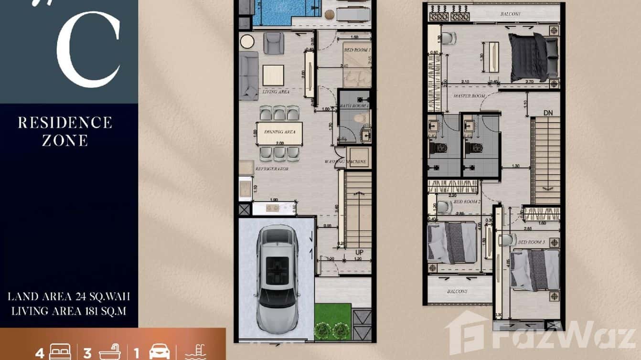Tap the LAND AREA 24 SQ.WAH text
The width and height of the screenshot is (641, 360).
click(69, 297)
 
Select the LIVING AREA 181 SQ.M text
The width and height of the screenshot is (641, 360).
click(69, 311)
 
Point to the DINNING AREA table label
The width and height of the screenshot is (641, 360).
click(279, 132)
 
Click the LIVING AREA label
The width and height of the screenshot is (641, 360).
click(276, 92)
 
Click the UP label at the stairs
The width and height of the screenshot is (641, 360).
click(360, 252)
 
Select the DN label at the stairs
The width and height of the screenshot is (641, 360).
click(548, 113)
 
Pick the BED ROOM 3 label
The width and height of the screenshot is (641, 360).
click(531, 243)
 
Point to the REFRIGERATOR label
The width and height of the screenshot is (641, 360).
click(271, 169)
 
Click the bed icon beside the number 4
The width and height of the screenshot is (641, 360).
click(59, 353)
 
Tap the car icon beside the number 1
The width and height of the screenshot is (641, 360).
click(160, 353)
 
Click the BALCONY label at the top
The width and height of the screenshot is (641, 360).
click(510, 14)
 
